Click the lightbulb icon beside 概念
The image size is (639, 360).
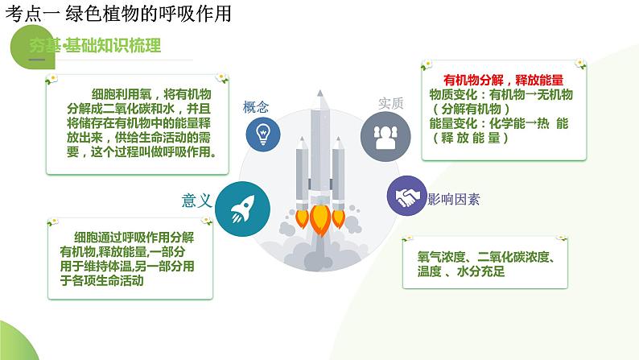point(262,134)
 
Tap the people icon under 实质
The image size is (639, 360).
point(379,133)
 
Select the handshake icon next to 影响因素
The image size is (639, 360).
point(406,196)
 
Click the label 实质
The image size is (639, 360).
point(390,104)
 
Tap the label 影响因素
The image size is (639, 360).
point(454,198)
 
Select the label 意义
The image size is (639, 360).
point(197,201)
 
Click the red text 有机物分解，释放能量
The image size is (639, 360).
point(503,80)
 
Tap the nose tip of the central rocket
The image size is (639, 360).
point(320,90)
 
